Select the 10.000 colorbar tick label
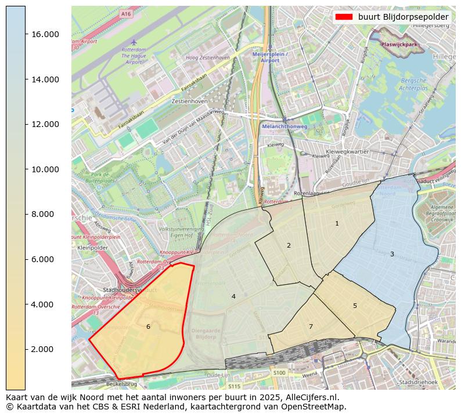(44, 169)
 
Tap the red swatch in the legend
(344, 17)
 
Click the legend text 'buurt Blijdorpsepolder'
(403, 17)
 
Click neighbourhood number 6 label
(148, 327)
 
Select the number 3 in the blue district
(392, 255)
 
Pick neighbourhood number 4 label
(233, 297)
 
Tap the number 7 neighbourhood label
(311, 327)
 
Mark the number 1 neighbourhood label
(337, 224)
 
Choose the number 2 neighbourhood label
(289, 246)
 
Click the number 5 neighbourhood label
(355, 306)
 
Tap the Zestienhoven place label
(189, 101)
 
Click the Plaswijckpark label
(400, 45)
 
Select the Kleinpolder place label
(92, 247)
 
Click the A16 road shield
(126, 13)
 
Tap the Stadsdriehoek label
(419, 382)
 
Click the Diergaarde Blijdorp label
(206, 333)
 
